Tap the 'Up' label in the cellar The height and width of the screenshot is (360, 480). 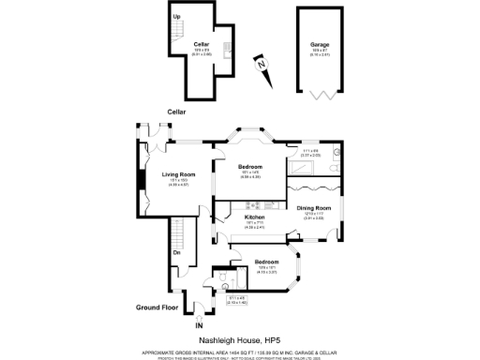tap(176, 17)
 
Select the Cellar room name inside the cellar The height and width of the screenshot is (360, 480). tap(201, 44)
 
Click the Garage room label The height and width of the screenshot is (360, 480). tap(320, 44)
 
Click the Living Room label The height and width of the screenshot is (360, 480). tap(178, 174)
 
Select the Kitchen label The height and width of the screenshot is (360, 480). tap(230, 217)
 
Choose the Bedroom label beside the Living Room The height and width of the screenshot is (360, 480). tap(249, 166)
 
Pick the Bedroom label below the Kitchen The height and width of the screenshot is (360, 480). tap(267, 262)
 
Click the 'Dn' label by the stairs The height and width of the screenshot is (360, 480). tap(175, 252)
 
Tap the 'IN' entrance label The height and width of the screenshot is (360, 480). tap(199, 324)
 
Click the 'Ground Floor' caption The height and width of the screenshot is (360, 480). tap(157, 307)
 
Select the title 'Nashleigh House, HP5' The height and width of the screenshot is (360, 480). tap(240, 340)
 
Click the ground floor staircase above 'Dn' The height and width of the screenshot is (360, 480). tap(179, 232)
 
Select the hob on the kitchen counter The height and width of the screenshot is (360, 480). tap(263, 205)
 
